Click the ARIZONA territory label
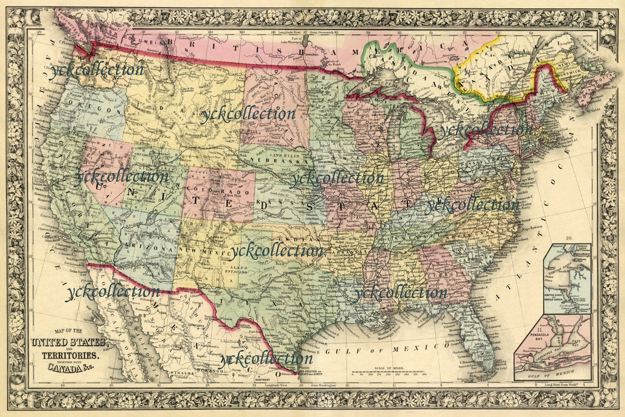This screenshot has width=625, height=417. pyautogui.click(x=149, y=248)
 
